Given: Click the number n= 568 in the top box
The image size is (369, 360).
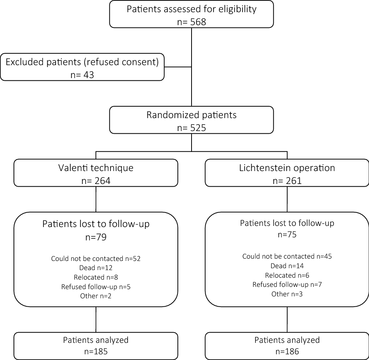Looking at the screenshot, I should coord(192,22).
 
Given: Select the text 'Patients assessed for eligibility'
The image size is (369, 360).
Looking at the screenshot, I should coord(192,9).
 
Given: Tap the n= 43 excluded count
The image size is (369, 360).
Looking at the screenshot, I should coord(82,74).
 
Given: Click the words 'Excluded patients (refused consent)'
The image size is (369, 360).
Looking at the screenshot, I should coord(82,62).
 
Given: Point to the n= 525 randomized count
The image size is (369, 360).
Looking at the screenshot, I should coord(192,128).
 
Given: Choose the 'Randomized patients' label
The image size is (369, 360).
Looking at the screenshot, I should coord(192,115).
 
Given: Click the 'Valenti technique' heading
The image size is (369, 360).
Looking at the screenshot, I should coord(96,168).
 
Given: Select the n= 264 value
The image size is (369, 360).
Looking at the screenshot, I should coord(96,181).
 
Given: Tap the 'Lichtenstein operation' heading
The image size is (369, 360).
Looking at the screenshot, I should coord(287,168).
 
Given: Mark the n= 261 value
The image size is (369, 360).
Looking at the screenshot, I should coord(287,181).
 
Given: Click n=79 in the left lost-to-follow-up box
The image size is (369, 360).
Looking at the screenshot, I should coord(96,237).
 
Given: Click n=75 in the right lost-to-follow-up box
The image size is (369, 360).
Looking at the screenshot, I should coord(287,235).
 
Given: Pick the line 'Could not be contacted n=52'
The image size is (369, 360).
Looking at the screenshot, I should coord(96,259).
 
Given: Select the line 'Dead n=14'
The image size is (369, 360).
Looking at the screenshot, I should coord(287,266).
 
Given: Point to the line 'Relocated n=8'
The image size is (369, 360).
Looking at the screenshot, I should coord(96,277).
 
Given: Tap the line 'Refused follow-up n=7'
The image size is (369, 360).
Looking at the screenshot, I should coord(287,285).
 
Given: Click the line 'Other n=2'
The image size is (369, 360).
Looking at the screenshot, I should coord(96,296).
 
